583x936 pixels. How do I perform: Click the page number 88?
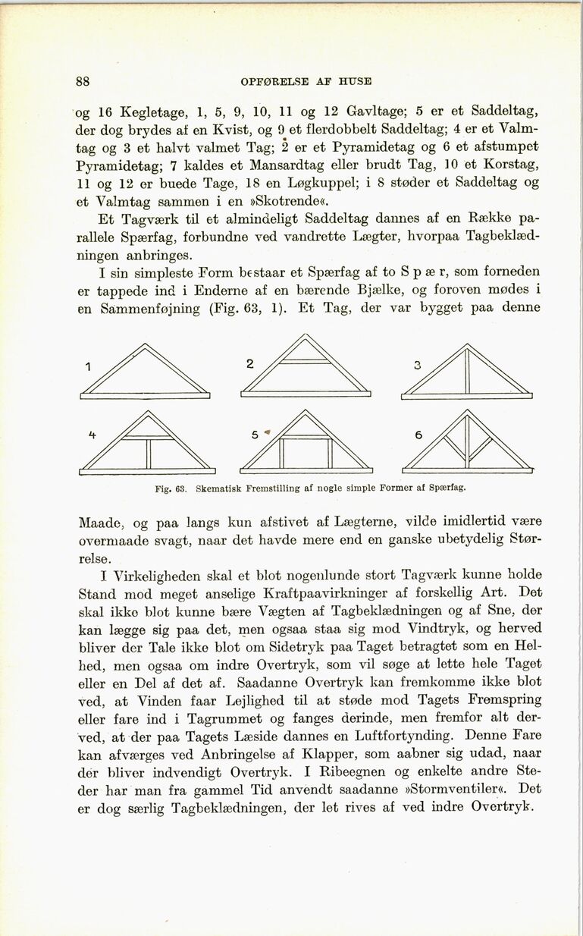[83, 81]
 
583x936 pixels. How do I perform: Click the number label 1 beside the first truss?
[89, 367]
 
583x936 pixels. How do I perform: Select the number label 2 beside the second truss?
[249, 363]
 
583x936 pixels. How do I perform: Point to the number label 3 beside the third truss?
[417, 366]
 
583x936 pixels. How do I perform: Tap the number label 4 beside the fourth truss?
[92, 435]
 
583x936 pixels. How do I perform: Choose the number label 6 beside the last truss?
[418, 435]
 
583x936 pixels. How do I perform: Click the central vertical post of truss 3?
[467, 371]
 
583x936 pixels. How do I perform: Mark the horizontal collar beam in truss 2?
[306, 360]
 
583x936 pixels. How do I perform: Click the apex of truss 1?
[145, 345]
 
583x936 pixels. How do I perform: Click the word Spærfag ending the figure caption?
[447, 488]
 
